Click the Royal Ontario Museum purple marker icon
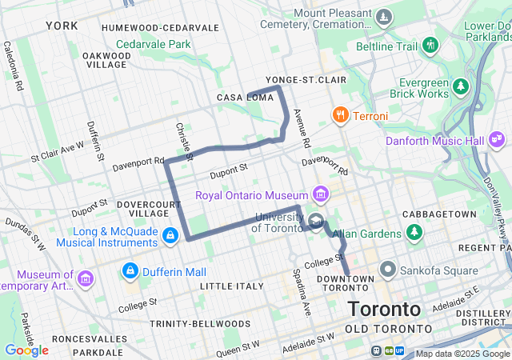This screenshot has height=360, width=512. [321, 194]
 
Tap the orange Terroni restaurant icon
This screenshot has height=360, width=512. [340, 116]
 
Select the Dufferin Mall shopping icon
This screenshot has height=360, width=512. [129, 272]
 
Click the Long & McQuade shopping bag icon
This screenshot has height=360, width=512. [170, 236]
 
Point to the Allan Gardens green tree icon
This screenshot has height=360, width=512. [414, 234]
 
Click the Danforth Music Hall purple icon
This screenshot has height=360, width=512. [498, 141]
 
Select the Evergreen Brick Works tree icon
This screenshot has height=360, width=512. [460, 86]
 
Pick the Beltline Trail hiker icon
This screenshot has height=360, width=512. [431, 45]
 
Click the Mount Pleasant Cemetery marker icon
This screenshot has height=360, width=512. [385, 18]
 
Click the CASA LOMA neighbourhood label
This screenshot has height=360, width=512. [240, 98]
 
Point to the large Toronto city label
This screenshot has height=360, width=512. [384, 309]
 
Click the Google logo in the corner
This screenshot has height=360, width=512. [26, 350]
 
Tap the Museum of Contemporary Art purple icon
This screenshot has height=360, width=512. [86, 278]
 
